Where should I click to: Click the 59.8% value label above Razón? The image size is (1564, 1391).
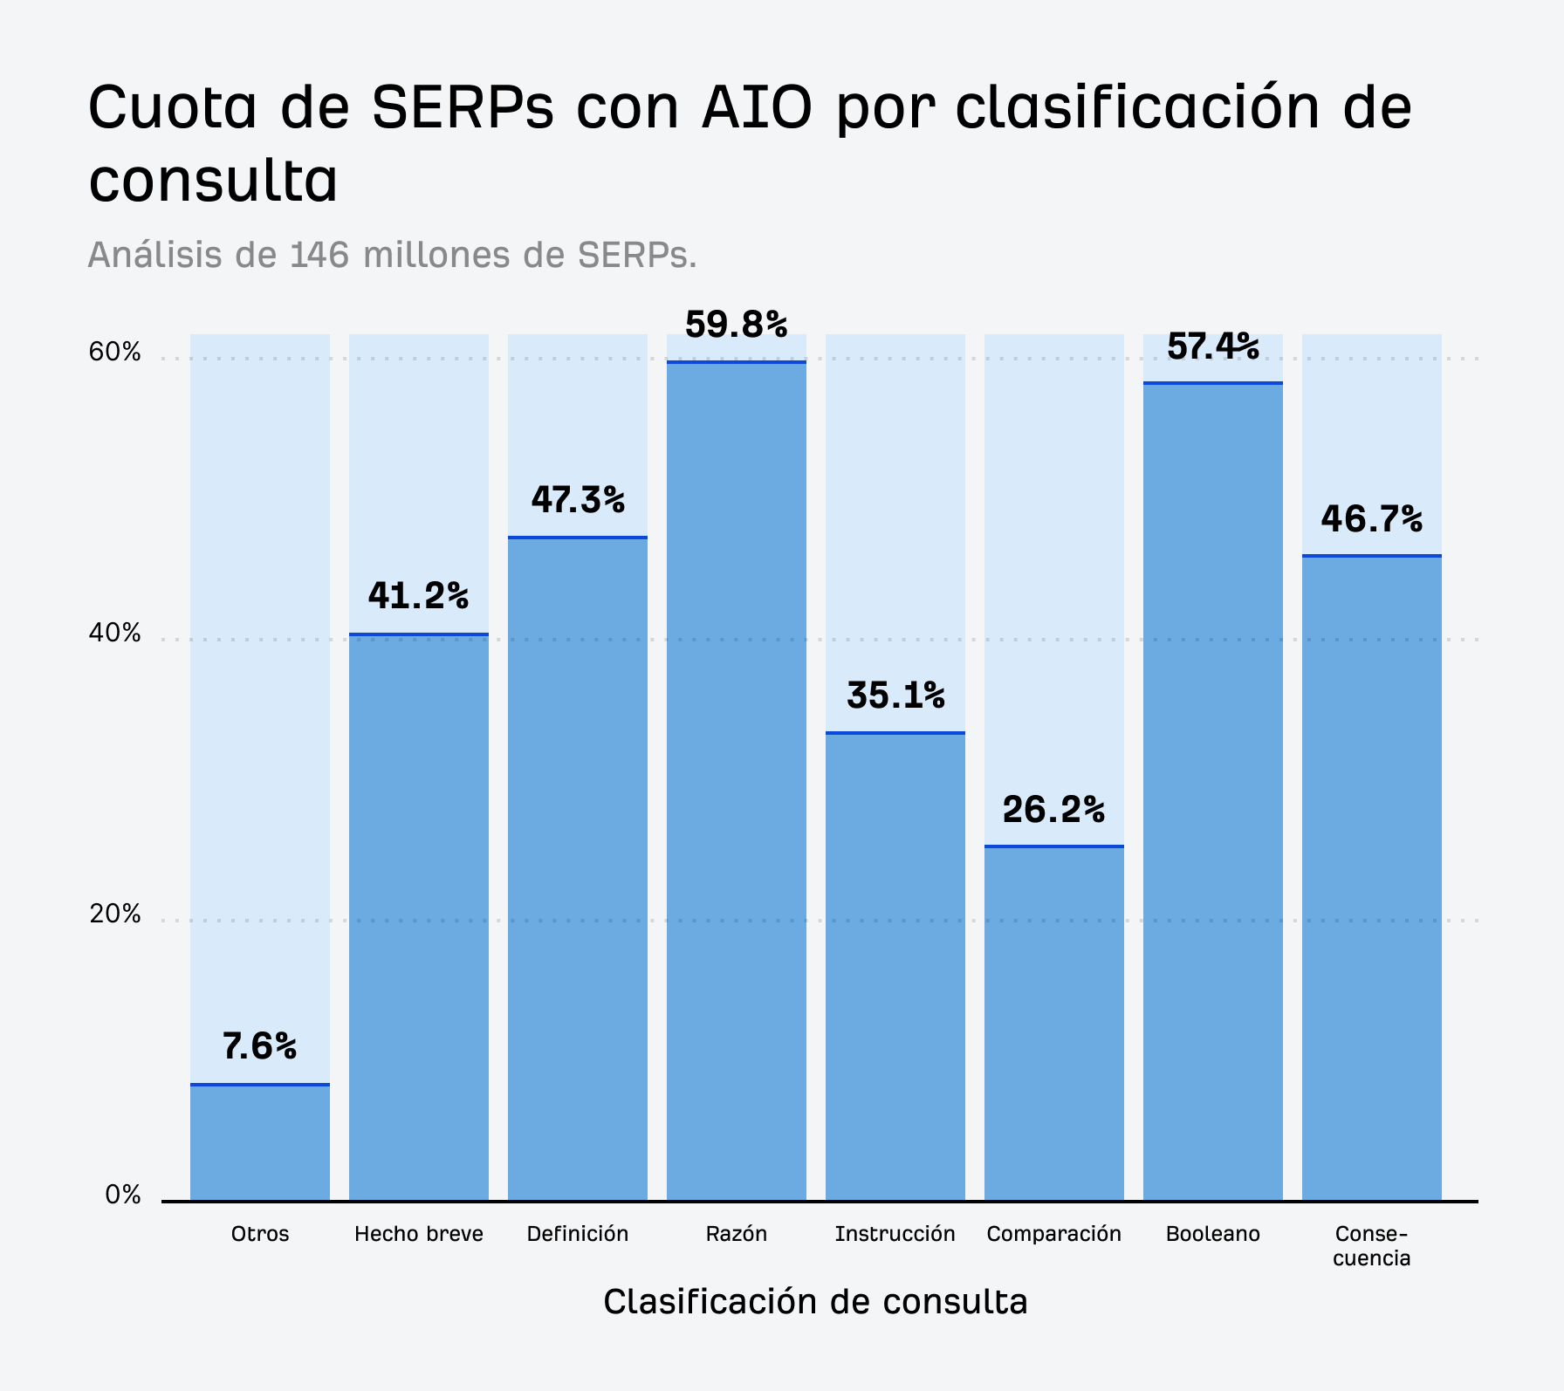(736, 325)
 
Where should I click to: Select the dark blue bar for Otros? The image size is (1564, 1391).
(260, 1142)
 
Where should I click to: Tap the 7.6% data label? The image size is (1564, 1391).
(259, 1045)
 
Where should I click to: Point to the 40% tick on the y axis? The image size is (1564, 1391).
(114, 633)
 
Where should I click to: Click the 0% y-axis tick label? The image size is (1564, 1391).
(122, 1195)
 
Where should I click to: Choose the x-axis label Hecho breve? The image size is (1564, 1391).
(418, 1234)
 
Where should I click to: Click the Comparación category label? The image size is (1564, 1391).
(1053, 1234)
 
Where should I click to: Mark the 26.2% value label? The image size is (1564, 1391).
(1053, 810)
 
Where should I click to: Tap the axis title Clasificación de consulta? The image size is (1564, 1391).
(815, 1301)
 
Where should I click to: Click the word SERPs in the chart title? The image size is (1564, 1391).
(463, 108)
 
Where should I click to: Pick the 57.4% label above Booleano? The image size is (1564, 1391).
(1212, 346)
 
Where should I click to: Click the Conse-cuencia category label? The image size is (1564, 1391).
(1371, 1245)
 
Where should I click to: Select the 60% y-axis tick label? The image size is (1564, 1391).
(114, 352)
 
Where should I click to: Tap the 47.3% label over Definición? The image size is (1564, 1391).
(577, 500)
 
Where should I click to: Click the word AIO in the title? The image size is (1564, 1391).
(757, 108)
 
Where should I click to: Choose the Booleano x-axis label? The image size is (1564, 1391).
(1212, 1234)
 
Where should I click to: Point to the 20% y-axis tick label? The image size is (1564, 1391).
(114, 914)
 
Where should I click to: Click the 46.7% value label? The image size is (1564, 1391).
(1370, 519)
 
